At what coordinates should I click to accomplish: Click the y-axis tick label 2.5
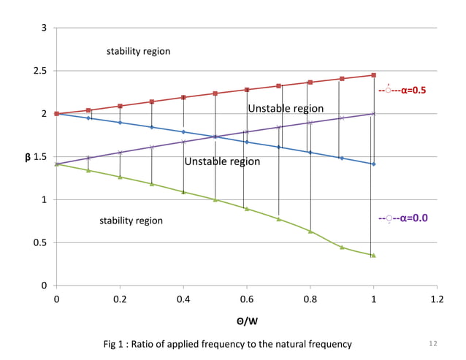point(42,71)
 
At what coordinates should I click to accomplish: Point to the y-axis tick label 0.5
point(42,242)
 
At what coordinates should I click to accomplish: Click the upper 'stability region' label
point(138,51)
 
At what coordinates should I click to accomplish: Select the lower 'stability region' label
point(131,220)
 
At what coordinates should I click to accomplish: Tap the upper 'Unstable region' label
point(286,109)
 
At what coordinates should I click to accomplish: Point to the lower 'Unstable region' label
point(222,161)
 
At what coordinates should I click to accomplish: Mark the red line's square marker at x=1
point(374,75)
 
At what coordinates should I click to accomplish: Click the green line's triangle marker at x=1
point(374,255)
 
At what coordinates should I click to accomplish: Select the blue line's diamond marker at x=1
point(374,164)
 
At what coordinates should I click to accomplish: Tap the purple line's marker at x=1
point(374,114)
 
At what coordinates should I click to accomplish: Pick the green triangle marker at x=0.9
point(342,247)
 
